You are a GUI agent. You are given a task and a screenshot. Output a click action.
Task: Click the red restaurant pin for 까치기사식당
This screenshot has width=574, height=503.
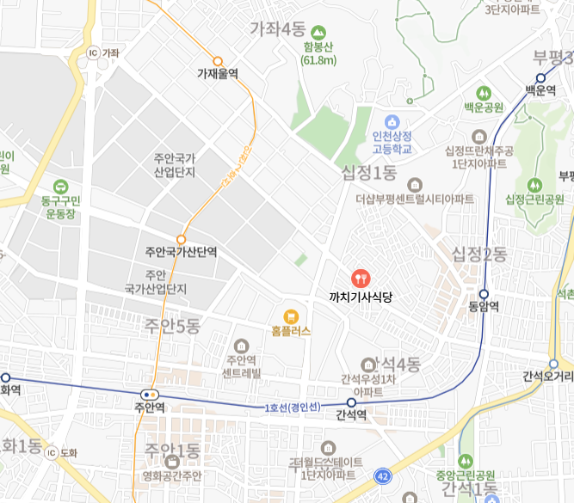tap(360, 278)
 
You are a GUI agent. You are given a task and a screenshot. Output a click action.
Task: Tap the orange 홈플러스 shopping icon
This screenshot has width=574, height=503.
tap(291, 315)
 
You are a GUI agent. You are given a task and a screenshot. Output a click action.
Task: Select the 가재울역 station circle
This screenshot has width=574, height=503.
tap(218, 61)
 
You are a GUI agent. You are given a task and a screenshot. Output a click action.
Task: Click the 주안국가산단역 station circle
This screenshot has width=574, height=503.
tap(181, 239)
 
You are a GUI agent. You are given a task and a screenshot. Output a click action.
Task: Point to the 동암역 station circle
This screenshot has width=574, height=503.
tap(484, 293)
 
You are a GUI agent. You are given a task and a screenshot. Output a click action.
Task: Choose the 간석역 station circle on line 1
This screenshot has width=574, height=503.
tap(351, 402)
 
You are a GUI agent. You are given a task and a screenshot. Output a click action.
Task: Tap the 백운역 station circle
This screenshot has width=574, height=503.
tap(541, 77)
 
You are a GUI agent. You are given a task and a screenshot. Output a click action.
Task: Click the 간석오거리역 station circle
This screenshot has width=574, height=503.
tap(553, 363)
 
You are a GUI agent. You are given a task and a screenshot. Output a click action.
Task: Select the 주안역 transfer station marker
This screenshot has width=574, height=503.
tap(151, 395)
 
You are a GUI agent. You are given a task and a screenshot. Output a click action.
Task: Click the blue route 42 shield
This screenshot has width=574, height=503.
tap(382, 475)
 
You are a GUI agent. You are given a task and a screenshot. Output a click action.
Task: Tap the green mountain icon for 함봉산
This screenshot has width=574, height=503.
tap(318, 32)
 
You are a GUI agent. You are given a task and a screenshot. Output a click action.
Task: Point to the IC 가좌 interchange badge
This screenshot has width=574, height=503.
tap(93, 52)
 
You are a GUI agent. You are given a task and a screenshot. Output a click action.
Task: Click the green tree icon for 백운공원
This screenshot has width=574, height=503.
tap(483, 93)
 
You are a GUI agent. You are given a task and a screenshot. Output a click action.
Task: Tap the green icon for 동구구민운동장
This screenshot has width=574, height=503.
tap(60, 186)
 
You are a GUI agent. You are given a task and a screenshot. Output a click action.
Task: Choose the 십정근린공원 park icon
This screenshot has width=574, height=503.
tap(535, 184)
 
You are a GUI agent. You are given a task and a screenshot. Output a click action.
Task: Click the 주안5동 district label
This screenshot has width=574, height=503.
tap(172, 326)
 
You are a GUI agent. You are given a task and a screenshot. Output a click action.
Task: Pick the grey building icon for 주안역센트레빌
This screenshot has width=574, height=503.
tap(241, 346)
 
